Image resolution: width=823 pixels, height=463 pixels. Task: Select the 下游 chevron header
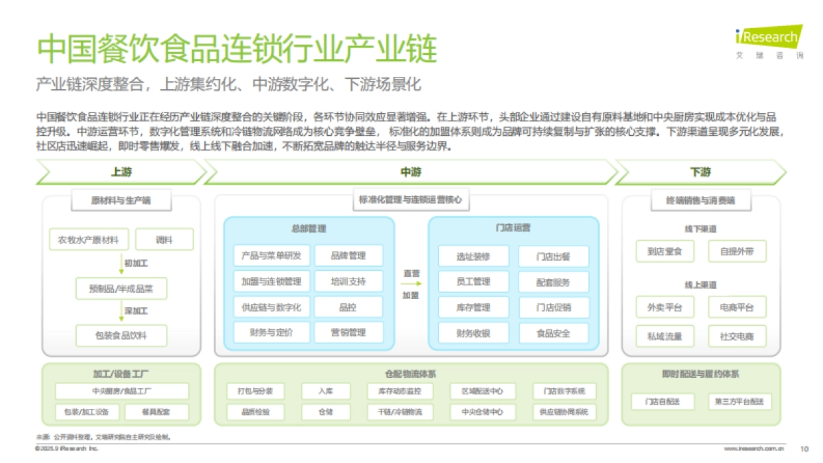(x=700, y=172)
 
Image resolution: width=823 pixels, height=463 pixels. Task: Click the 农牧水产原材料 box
(x=88, y=239)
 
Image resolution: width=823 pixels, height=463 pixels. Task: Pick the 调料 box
(x=165, y=239)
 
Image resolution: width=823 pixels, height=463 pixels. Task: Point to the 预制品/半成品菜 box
(x=121, y=289)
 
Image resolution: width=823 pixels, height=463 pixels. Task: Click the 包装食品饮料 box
(x=121, y=335)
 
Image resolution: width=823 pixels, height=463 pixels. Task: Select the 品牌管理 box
(x=348, y=256)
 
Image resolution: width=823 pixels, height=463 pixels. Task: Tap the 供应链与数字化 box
(x=272, y=307)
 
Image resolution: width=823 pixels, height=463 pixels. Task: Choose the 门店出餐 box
(x=553, y=257)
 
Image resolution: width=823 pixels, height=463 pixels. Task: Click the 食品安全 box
(x=553, y=333)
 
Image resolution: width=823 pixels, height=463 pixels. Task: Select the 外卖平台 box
(x=660, y=307)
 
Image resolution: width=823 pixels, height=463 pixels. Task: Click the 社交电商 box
(x=737, y=336)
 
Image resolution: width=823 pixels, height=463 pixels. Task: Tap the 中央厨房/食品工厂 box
(x=121, y=392)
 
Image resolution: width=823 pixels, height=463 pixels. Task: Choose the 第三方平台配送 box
(x=739, y=401)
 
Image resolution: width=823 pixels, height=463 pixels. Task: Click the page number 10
(x=804, y=449)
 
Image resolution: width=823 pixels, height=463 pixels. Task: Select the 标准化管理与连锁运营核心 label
(x=411, y=200)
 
